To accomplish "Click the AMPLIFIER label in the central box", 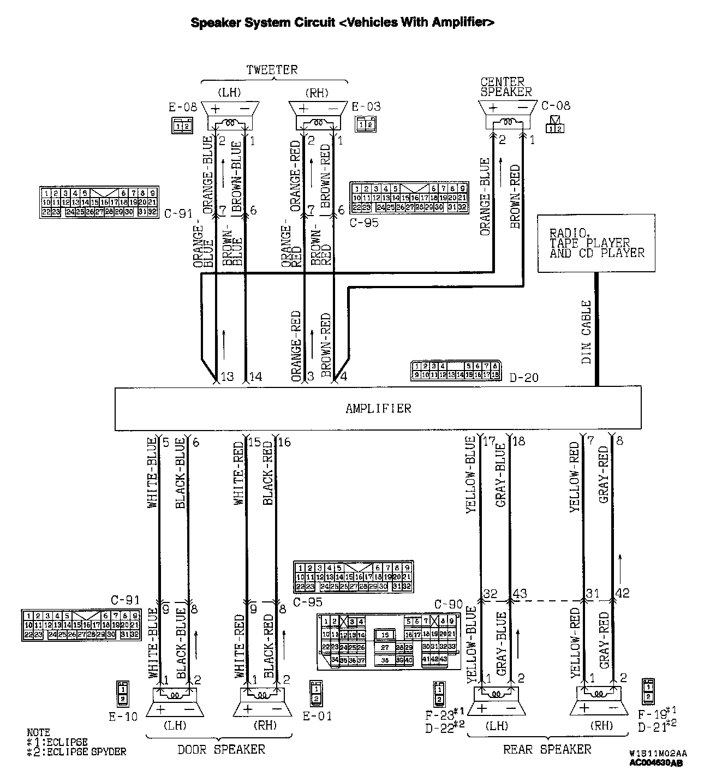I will (x=378, y=408).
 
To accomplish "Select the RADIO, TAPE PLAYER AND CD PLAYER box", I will (x=596, y=243).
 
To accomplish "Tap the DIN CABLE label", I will (x=586, y=332).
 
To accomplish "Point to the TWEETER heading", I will (x=272, y=70).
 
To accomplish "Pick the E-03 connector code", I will (x=366, y=107).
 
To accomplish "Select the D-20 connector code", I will (x=523, y=377).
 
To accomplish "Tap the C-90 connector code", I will (x=448, y=604).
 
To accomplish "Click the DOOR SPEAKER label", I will (x=221, y=749).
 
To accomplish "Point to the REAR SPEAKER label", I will (x=547, y=749).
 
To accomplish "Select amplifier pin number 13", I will (x=226, y=377).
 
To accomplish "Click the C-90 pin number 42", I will (x=622, y=594).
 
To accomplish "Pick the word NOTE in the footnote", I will (x=38, y=732).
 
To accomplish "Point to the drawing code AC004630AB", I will (x=656, y=763).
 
